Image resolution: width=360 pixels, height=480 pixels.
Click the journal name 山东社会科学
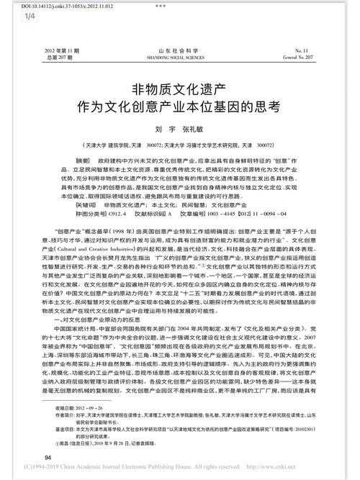pyautogui.click(x=179, y=52)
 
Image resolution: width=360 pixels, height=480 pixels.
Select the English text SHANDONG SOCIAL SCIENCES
pyautogui.click(x=179, y=58)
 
